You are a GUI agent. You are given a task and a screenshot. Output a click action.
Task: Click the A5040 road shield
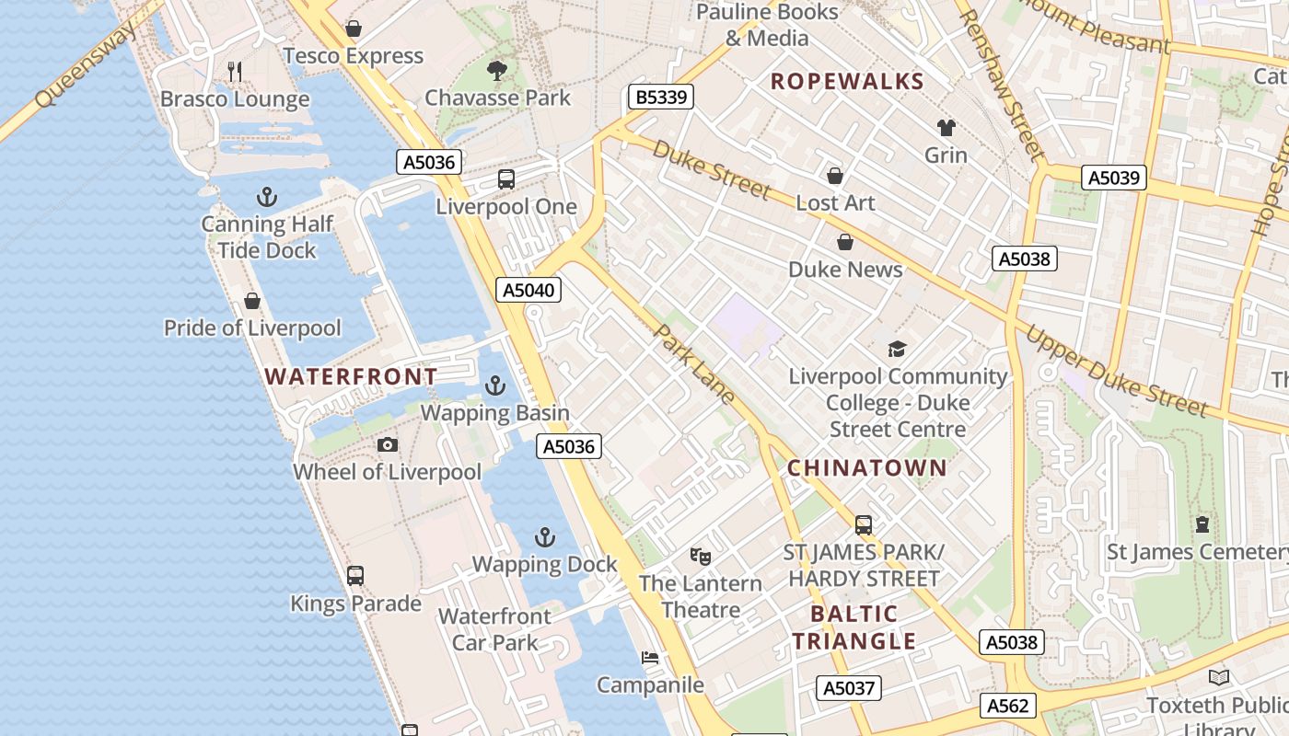click(528, 291)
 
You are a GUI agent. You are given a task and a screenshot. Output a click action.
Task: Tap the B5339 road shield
click(662, 97)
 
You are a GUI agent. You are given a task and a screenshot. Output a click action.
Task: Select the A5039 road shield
click(1114, 178)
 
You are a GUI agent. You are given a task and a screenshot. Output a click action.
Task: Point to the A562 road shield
click(1007, 706)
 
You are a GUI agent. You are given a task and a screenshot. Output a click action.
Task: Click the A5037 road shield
click(848, 687)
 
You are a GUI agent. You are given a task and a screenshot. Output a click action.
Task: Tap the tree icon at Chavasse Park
click(497, 70)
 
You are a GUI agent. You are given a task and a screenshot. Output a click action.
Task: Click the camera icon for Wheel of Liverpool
click(388, 445)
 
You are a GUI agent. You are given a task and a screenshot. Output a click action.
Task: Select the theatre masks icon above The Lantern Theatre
click(701, 556)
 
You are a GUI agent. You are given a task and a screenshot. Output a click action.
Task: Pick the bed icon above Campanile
click(650, 658)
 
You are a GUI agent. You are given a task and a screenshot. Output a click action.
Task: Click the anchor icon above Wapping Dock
click(545, 536)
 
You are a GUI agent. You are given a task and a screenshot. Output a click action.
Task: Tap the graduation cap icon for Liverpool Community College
click(897, 349)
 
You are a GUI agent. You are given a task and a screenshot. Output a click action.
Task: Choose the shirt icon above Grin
click(946, 127)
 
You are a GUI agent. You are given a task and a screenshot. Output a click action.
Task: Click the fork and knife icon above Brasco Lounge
click(235, 71)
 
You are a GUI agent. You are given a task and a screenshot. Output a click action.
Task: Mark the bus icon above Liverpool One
click(506, 179)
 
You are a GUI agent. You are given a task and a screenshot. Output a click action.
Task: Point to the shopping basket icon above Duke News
click(844, 242)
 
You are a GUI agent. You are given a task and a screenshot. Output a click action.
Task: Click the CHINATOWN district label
click(867, 468)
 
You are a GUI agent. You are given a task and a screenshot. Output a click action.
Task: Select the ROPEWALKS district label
click(847, 81)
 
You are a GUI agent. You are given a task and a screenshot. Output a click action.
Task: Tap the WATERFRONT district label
click(351, 376)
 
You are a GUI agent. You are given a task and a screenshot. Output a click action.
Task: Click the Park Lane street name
click(695, 363)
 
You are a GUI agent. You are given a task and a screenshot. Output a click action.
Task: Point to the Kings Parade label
click(355, 604)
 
